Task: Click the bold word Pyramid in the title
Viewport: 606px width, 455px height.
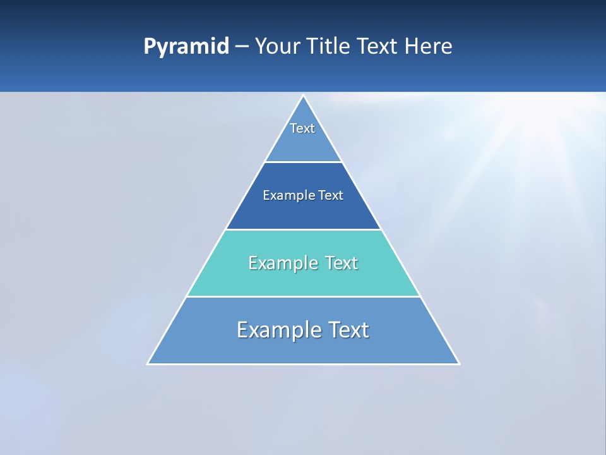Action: click(186, 47)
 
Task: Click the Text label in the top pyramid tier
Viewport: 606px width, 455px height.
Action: click(302, 128)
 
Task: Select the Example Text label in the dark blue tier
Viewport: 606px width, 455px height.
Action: click(303, 195)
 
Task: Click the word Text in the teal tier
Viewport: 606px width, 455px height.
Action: click(342, 263)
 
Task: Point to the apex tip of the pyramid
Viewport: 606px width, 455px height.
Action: click(303, 96)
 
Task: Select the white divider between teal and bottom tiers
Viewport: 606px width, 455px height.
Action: click(303, 296)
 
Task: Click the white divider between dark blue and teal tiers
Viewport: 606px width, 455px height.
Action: click(303, 229)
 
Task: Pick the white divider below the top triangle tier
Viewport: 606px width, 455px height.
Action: click(303, 162)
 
